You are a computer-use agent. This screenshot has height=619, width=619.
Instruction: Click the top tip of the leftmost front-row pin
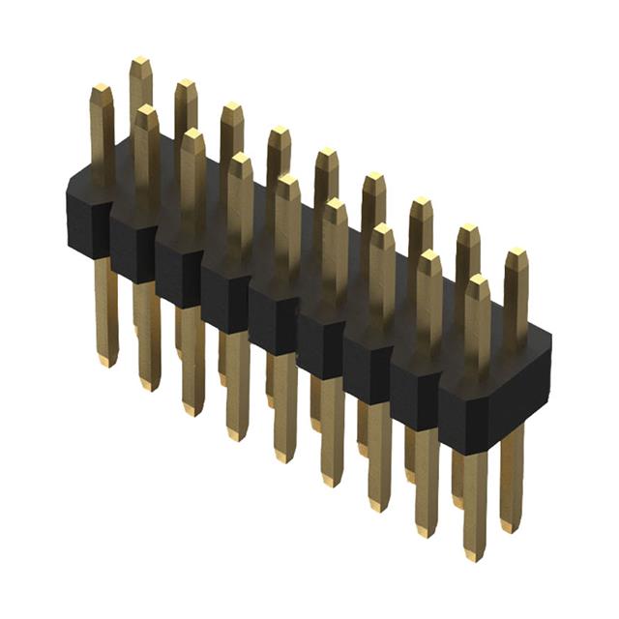click(x=102, y=90)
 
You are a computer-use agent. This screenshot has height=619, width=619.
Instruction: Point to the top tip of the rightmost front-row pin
click(x=478, y=280)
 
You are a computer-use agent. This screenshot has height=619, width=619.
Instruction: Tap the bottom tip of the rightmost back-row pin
click(x=510, y=528)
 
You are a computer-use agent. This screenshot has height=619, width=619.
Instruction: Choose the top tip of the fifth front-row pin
click(x=287, y=181)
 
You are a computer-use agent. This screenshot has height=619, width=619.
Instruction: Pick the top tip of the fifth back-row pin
click(x=326, y=154)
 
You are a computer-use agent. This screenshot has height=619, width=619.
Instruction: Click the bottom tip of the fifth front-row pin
click(x=285, y=456)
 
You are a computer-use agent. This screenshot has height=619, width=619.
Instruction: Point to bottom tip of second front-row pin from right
click(x=427, y=530)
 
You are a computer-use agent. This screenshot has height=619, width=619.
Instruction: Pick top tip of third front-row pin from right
click(x=382, y=230)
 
